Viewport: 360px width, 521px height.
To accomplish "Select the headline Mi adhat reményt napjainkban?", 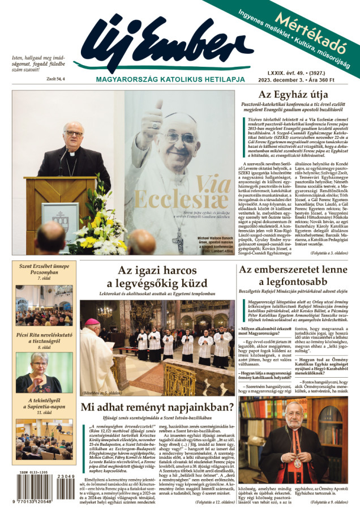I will click(157, 407).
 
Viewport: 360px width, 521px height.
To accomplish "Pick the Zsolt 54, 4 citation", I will click(57, 78).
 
